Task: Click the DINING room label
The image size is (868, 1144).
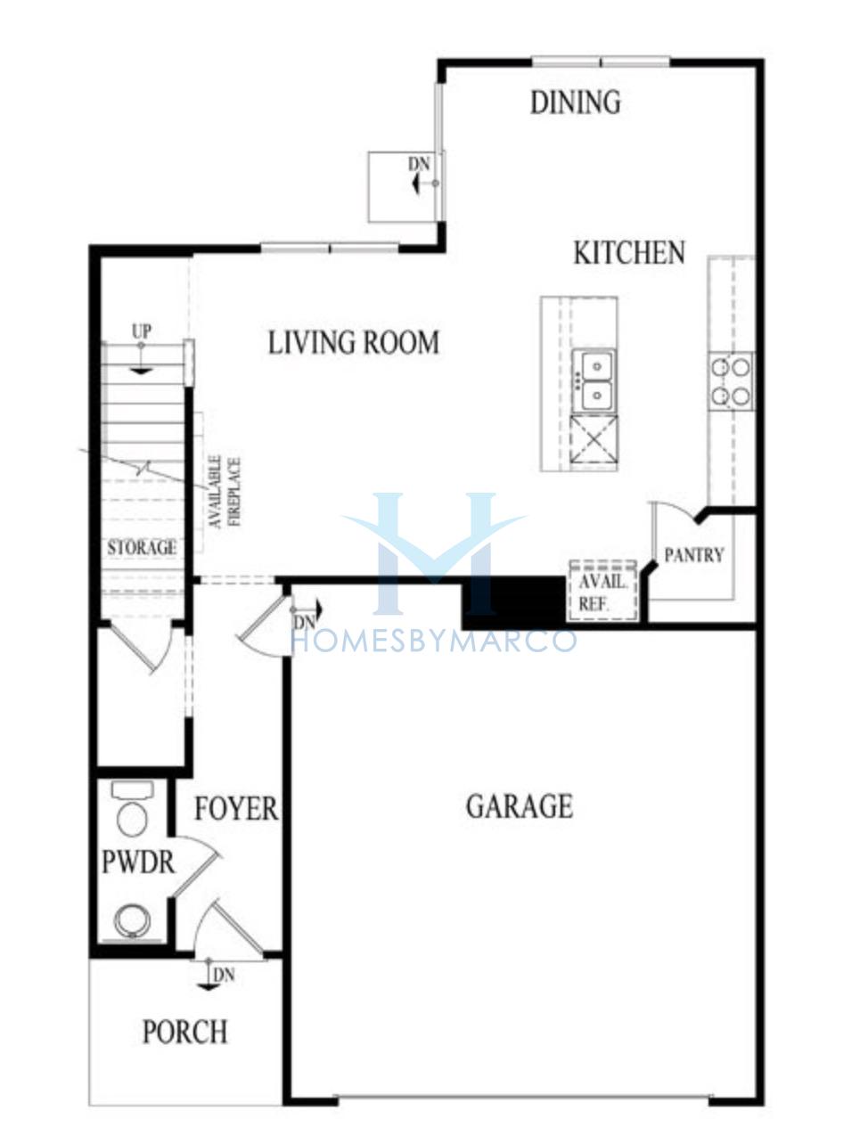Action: click(575, 102)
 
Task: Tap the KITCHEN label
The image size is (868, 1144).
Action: click(629, 253)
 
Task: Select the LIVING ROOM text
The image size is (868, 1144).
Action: click(354, 343)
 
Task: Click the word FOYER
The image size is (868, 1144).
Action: click(236, 808)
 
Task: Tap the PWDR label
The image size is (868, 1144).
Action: click(138, 862)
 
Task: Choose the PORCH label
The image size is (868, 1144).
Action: click(185, 1031)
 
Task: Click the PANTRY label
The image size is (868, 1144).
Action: click(694, 555)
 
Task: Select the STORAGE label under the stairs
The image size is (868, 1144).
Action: click(142, 548)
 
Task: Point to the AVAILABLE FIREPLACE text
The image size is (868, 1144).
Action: click(225, 493)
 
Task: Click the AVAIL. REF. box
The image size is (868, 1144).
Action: click(603, 591)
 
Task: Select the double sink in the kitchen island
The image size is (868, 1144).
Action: click(594, 381)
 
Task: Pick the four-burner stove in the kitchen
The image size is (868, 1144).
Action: click(731, 381)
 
